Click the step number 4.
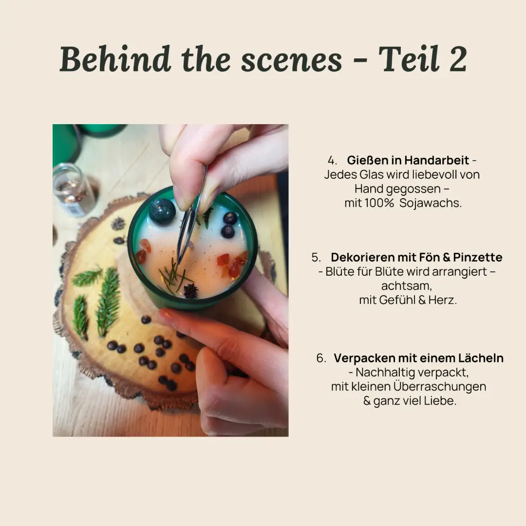pos(332,160)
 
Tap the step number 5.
pos(316,257)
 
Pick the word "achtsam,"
pos(407,286)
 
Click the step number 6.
pos(320,358)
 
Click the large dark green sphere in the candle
pos(162,211)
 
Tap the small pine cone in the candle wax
pos(191,290)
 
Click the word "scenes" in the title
pos(291,60)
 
